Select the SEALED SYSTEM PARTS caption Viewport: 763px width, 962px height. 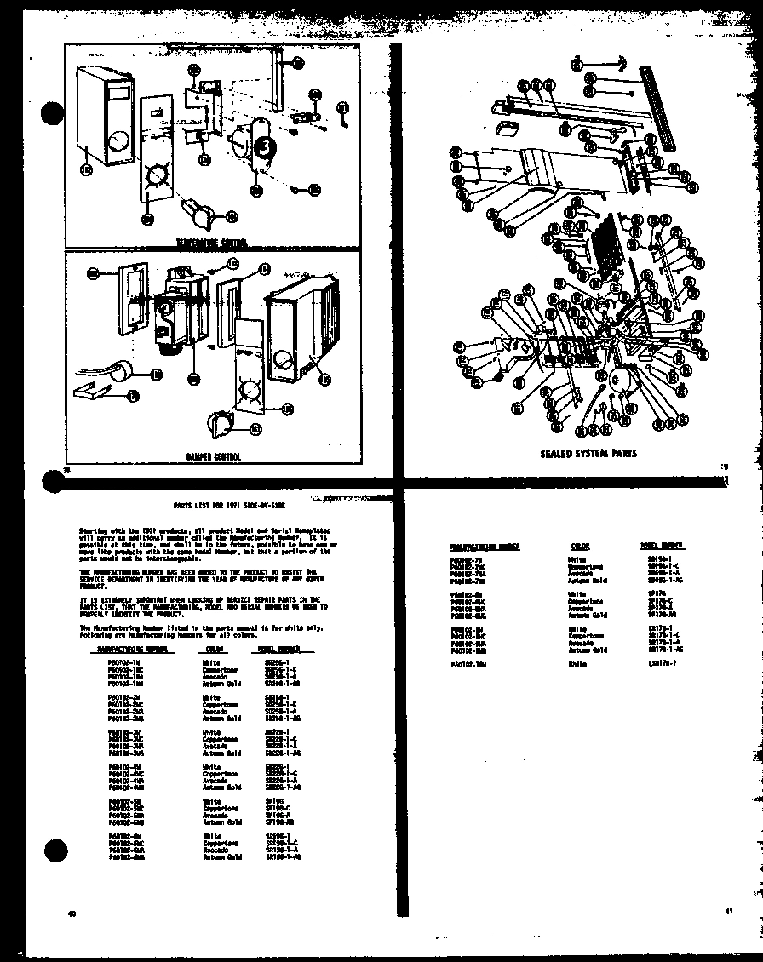[588, 454]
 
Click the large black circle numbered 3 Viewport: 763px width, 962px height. [266, 146]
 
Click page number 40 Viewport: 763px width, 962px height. [72, 914]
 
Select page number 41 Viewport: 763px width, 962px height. [728, 912]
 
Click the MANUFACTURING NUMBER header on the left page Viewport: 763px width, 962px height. [129, 649]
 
